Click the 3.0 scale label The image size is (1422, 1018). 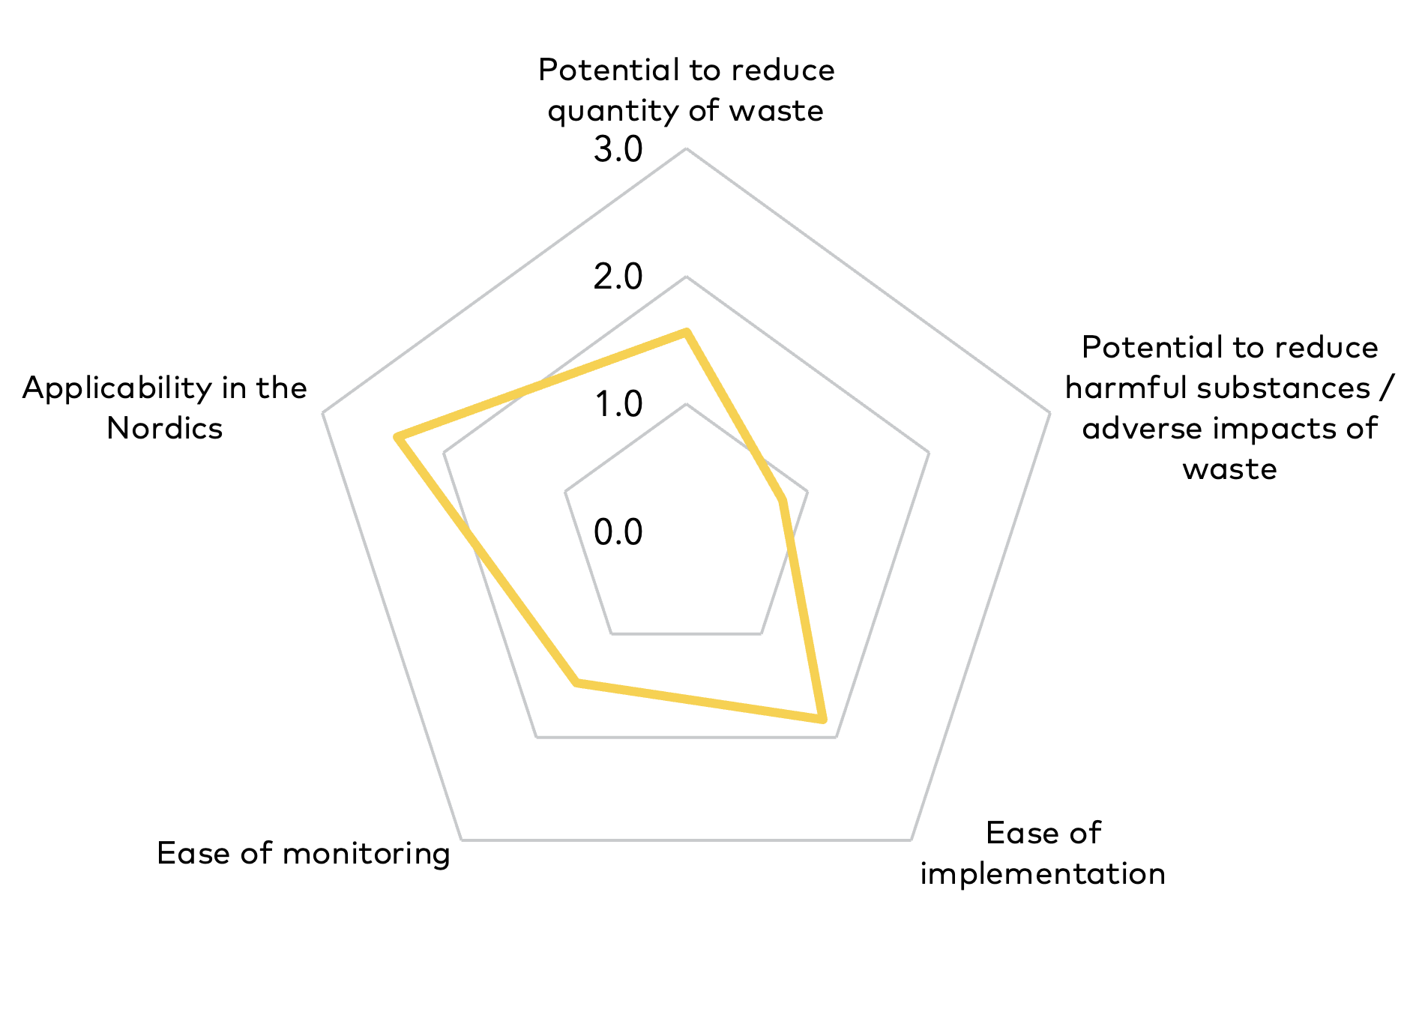[x=618, y=150]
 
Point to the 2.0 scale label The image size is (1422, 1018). [x=618, y=277]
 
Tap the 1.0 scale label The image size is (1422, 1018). [x=618, y=405]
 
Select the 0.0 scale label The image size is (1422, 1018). [x=618, y=532]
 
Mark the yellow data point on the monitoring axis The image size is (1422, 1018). [x=576, y=683]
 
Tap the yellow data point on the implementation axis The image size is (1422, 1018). [x=822, y=720]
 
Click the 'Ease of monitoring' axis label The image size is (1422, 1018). [x=304, y=854]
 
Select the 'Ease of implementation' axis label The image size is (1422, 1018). [x=1043, y=854]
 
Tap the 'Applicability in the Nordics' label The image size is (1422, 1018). [x=165, y=409]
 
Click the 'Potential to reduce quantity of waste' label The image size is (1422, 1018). [x=686, y=91]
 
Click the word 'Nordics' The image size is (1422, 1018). [x=165, y=429]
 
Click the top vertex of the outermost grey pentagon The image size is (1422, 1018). [x=686, y=148]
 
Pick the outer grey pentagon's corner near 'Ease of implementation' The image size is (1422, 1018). [x=911, y=840]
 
